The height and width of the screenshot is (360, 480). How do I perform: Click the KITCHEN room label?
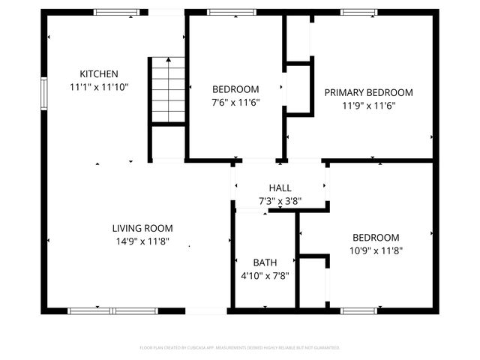tap(99, 73)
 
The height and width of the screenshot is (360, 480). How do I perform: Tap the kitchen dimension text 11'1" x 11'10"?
tap(99, 87)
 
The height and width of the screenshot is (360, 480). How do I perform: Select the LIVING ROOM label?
tap(142, 228)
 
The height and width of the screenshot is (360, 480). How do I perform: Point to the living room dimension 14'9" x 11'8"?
tap(142, 241)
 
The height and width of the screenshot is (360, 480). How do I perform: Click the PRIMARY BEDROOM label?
tap(368, 92)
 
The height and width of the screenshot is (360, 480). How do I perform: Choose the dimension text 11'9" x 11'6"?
tap(368, 106)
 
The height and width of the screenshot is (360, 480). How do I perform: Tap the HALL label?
tap(280, 187)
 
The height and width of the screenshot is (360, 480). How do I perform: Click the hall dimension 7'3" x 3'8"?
tap(280, 200)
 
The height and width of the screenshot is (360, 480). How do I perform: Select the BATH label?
tap(264, 262)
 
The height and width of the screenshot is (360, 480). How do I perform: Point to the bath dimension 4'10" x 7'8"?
tap(264, 275)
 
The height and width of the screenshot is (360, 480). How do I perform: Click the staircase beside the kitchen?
tap(166, 90)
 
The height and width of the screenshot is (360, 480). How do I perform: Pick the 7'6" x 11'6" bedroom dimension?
tap(235, 102)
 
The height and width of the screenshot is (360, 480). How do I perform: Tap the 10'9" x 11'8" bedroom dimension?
tap(376, 251)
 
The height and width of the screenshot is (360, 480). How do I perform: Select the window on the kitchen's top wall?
tap(116, 12)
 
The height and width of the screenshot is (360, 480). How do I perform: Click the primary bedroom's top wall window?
tap(358, 12)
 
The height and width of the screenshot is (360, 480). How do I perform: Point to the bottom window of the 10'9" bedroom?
tap(358, 310)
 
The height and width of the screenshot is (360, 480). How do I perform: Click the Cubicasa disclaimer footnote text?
tap(240, 348)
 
